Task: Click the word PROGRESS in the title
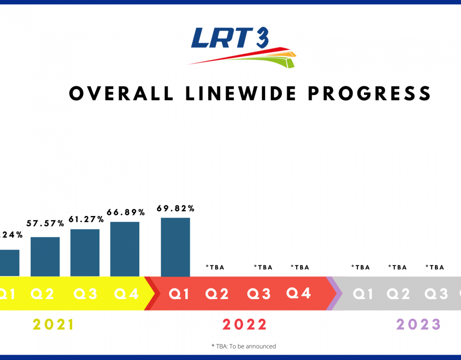[x=369, y=93]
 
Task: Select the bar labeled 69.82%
[x=175, y=247]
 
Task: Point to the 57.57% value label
[x=45, y=224]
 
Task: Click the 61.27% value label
[x=85, y=219]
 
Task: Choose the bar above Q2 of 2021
[x=45, y=256]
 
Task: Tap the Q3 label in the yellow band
[x=85, y=294]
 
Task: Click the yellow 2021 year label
[x=53, y=325]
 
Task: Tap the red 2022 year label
[x=244, y=325]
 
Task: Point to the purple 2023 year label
[x=418, y=325]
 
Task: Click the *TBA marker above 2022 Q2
[x=215, y=267]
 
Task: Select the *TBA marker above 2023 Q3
[x=435, y=267]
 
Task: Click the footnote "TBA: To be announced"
[x=243, y=346]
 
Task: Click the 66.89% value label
[x=125, y=212]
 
